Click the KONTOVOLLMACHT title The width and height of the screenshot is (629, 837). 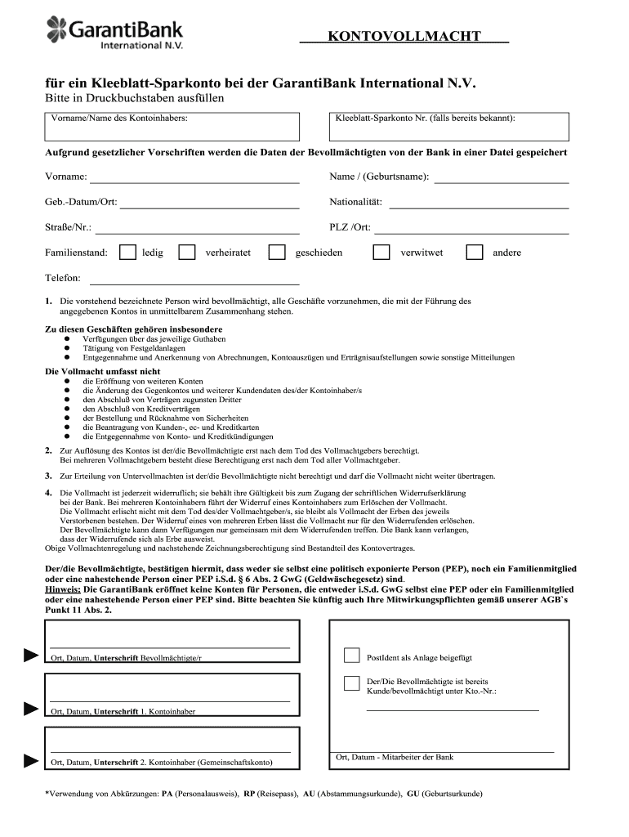click(404, 36)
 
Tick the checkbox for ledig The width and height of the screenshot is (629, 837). click(127, 253)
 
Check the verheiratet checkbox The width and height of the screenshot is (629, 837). click(187, 253)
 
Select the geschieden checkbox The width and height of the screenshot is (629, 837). click(277, 253)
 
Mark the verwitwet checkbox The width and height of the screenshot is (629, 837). click(381, 253)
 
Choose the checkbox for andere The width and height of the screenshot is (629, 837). click(475, 253)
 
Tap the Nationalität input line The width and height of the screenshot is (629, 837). click(479, 203)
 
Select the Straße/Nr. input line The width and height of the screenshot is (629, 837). click(198, 228)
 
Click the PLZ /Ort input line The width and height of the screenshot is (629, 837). click(472, 228)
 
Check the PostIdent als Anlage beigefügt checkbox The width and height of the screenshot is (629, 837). click(351, 656)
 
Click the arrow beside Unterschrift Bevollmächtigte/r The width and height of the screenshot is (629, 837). click(31, 656)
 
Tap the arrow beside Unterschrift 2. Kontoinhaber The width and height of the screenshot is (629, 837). click(31, 761)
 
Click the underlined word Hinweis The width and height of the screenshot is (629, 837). click(62, 589)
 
